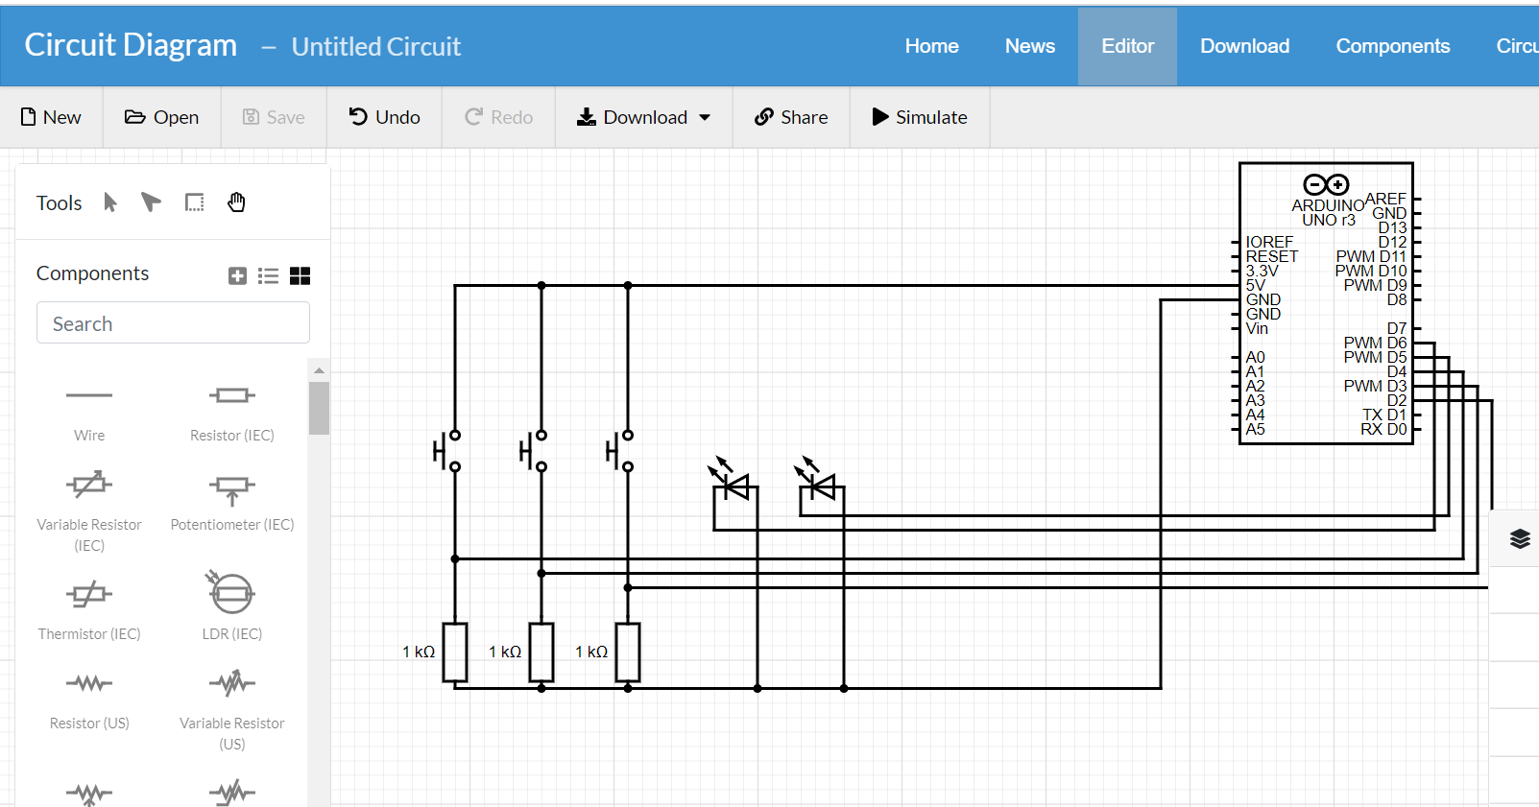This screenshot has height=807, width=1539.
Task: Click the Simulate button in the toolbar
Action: click(x=919, y=117)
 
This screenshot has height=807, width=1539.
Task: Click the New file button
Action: click(x=51, y=117)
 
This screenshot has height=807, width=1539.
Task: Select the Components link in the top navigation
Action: click(x=1392, y=46)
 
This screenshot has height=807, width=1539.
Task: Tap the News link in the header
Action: click(x=1029, y=46)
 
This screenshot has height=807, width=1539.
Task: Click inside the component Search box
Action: click(x=173, y=323)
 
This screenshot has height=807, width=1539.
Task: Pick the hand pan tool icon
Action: click(x=236, y=202)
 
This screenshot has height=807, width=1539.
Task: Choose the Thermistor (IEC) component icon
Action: click(x=89, y=594)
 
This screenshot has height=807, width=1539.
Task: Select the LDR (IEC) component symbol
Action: click(x=231, y=593)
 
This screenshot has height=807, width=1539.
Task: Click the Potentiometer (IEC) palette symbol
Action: click(x=231, y=488)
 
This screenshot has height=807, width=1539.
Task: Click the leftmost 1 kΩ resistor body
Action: click(x=455, y=653)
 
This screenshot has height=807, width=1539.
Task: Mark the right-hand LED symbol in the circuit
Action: click(x=822, y=487)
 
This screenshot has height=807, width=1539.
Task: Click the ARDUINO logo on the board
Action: click(x=1326, y=184)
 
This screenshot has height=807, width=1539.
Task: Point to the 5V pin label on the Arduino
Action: click(x=1256, y=285)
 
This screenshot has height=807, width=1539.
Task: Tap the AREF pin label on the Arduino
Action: click(x=1384, y=199)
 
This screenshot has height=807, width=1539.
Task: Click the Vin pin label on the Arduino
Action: click(x=1257, y=328)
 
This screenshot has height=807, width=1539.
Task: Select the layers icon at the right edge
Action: click(x=1520, y=538)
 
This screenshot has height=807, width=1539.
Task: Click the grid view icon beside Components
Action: click(x=300, y=275)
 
